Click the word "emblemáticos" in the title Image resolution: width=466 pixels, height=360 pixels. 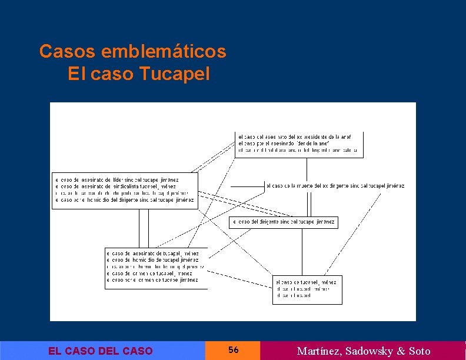tap(164, 52)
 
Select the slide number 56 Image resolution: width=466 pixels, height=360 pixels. tap(233, 350)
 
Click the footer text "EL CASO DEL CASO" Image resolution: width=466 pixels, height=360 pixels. tap(100, 351)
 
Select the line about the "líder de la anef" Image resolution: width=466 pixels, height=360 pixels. tap(284, 143)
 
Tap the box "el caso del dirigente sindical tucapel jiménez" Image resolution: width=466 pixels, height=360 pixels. tap(283, 222)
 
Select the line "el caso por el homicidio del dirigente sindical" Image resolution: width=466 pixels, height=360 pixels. tap(124, 200)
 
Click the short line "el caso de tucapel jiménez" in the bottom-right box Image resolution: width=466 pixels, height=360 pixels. tap(306, 282)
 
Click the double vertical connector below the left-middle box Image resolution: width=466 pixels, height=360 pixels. tap(144, 228)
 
